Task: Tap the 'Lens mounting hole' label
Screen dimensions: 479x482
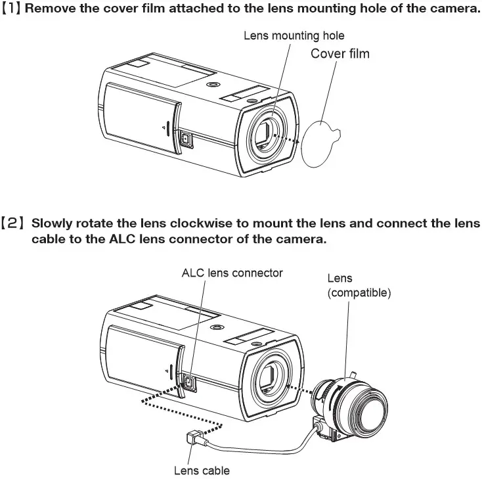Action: point(294,35)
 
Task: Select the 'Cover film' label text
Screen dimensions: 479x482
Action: point(340,53)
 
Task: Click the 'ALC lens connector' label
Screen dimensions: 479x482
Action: point(232,272)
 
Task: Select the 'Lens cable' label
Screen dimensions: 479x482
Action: point(202,470)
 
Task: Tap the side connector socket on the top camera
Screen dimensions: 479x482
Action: point(185,139)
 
